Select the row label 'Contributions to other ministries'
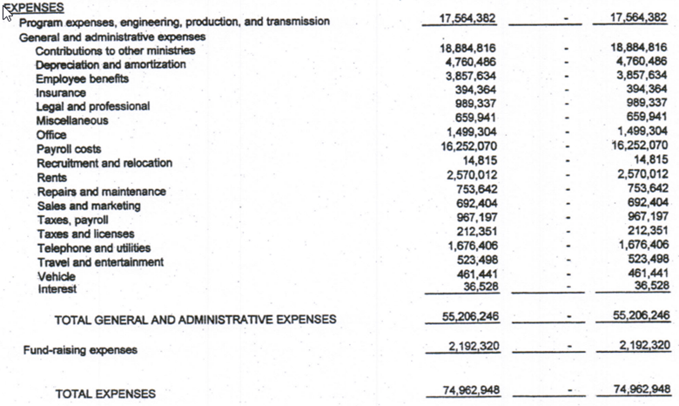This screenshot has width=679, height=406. [115, 51]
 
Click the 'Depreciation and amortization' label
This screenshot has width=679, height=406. [111, 64]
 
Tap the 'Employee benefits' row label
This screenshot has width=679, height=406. [82, 78]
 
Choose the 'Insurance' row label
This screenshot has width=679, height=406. [61, 92]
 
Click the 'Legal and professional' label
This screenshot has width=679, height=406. [92, 106]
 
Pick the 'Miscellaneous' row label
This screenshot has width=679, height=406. [72, 120]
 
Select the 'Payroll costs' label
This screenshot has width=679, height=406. [69, 149]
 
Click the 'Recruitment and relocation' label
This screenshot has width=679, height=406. [104, 163]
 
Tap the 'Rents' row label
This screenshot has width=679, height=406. [51, 177]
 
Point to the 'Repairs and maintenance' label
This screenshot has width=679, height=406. [101, 192]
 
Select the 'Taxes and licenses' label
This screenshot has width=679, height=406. [85, 233]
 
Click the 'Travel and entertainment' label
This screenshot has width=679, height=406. [100, 262]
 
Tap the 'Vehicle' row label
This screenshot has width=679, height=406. [56, 276]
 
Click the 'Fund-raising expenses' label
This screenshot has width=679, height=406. [80, 350]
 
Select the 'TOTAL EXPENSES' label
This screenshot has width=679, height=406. [105, 394]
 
